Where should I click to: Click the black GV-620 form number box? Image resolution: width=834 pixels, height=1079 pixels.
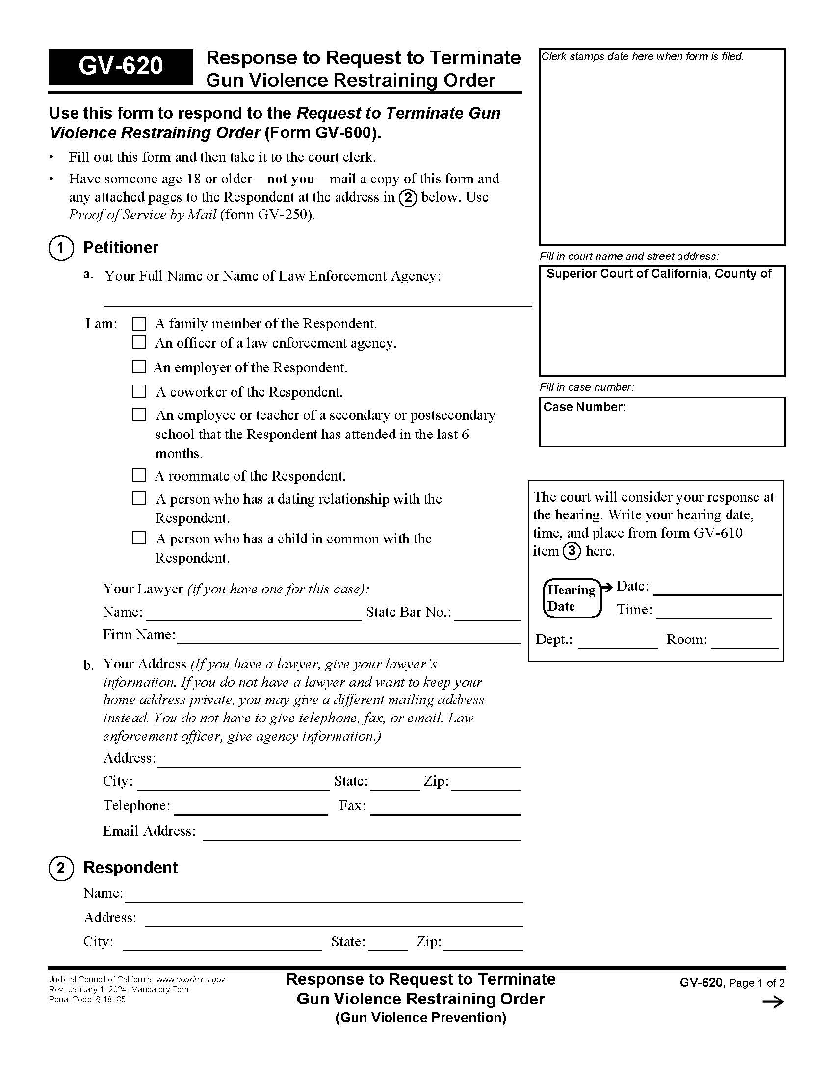click(x=120, y=66)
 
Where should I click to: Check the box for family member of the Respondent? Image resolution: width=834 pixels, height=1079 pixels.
click(x=139, y=324)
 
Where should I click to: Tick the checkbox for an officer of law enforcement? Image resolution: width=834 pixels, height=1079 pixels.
click(x=139, y=342)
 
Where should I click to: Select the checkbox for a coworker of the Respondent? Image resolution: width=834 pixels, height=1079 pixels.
click(x=139, y=391)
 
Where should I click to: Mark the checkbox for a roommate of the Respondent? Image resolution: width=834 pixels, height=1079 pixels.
click(x=139, y=475)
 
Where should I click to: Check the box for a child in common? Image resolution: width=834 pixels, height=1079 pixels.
click(x=139, y=538)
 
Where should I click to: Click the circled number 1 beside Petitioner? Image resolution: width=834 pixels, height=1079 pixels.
click(x=61, y=248)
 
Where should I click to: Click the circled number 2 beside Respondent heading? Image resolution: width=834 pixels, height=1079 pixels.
click(x=61, y=868)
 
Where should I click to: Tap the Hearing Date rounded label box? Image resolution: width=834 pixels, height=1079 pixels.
click(x=572, y=598)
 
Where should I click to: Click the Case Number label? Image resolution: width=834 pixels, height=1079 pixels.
click(x=584, y=407)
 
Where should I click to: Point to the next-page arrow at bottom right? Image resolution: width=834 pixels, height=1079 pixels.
click(x=773, y=1002)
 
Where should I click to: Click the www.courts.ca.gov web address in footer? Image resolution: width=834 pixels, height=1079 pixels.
click(x=191, y=979)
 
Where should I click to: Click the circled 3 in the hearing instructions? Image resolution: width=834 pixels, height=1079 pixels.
click(x=572, y=551)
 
